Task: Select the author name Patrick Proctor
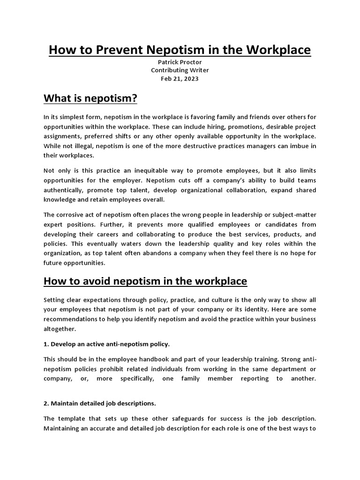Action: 180,62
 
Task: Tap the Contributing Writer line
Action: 180,70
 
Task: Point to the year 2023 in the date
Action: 191,79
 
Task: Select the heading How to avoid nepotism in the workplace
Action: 145,281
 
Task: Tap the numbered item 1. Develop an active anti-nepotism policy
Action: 106,344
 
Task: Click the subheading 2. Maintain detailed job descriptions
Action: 99,403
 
